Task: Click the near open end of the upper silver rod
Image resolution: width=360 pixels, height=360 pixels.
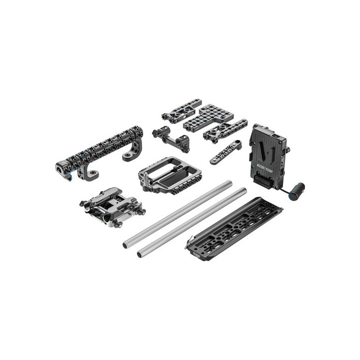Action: coord(126,245)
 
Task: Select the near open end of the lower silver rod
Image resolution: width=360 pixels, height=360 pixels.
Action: coord(140,254)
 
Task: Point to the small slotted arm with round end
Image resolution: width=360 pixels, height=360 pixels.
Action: coord(225,152)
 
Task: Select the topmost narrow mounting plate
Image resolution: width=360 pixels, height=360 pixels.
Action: coord(182,110)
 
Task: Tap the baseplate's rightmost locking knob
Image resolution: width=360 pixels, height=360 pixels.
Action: coord(143,212)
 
